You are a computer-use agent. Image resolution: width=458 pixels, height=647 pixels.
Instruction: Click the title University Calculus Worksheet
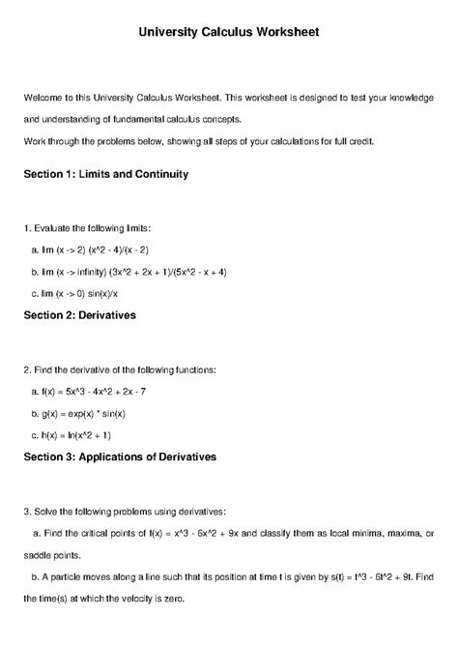pos(229,32)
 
